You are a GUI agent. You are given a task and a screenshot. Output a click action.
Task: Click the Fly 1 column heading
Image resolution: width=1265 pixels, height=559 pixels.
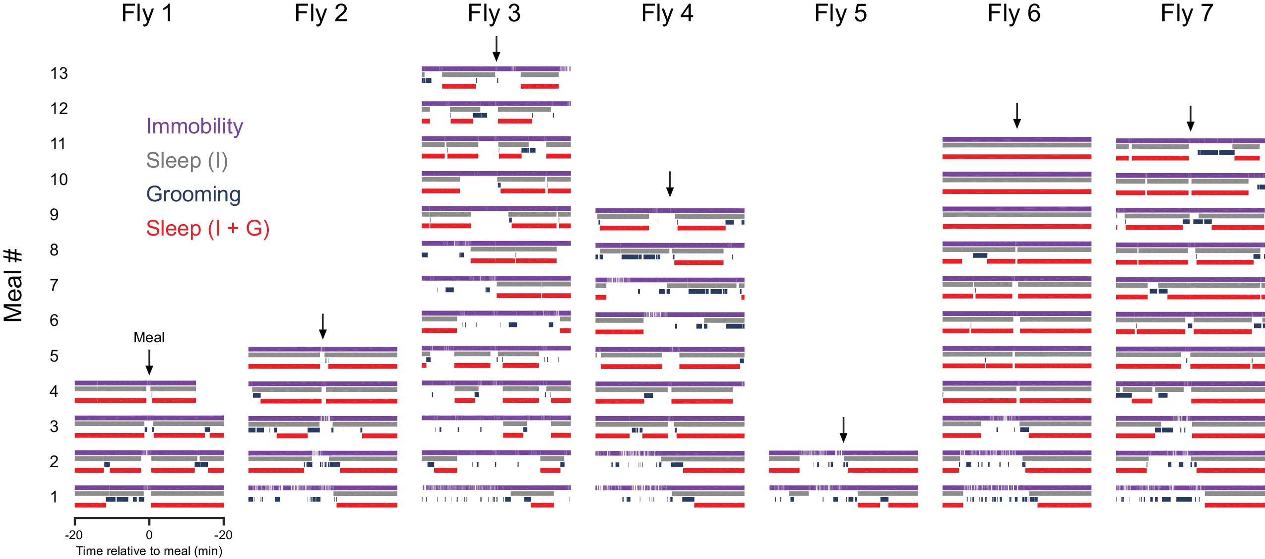(147, 13)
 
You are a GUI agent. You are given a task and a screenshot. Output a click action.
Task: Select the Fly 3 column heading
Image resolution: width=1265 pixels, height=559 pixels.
(494, 13)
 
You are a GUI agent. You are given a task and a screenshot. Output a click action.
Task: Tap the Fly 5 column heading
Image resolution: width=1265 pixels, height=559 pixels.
(840, 13)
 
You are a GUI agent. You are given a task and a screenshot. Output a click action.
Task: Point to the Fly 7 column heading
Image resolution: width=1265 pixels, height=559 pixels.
(1187, 13)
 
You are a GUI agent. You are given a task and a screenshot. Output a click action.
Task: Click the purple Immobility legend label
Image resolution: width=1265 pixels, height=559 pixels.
(194, 126)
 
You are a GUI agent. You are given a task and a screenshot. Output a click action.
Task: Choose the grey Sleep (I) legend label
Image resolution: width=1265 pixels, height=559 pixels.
(187, 161)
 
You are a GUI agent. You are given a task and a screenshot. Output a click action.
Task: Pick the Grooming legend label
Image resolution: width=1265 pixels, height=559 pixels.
(193, 194)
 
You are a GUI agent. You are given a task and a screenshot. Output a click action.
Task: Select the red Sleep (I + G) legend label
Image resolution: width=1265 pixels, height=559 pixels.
(207, 229)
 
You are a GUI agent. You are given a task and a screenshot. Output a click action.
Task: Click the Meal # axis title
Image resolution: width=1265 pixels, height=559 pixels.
(13, 285)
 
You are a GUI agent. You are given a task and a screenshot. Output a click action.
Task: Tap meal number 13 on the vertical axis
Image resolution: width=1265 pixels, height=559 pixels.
(59, 73)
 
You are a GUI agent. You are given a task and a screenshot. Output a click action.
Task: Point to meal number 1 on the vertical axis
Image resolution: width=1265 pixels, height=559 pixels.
(54, 497)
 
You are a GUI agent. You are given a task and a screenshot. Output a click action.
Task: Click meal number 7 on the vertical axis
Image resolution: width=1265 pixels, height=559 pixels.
(54, 285)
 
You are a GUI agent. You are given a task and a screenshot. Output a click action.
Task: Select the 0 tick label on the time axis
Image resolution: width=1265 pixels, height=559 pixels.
(149, 535)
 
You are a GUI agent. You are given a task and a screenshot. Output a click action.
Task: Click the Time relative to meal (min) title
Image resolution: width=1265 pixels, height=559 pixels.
(149, 551)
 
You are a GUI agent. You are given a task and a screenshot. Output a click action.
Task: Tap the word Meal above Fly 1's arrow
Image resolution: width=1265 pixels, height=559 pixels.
(149, 337)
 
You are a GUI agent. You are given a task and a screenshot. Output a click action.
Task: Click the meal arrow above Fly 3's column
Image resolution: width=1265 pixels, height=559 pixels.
(496, 49)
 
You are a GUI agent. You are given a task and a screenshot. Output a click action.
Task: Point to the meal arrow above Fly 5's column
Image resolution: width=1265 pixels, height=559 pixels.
(843, 430)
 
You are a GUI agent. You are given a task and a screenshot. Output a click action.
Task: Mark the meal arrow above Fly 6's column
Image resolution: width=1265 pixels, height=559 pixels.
(1017, 116)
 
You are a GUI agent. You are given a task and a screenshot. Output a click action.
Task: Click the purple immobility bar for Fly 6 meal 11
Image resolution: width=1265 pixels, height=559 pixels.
(1017, 139)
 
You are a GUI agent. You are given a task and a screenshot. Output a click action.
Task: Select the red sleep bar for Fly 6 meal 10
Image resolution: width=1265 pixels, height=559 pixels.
(1017, 191)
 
